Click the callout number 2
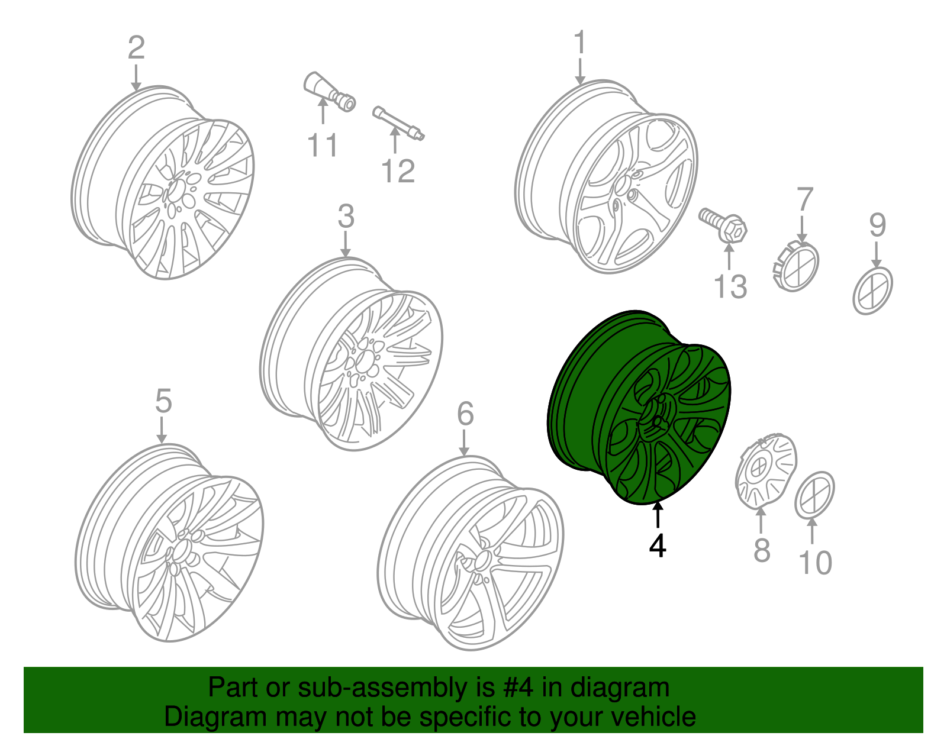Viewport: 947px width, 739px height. coord(136,48)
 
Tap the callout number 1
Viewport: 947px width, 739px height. coord(579,43)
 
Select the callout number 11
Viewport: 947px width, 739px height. coord(323,146)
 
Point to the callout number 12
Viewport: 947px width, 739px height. coord(398,172)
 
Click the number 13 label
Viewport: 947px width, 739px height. coord(730,287)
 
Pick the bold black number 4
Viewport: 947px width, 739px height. coord(658,546)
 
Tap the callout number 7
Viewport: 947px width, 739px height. coord(805,200)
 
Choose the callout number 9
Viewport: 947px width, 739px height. coord(877,225)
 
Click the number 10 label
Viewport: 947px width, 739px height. coord(816,563)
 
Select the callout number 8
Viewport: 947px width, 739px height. coord(762,550)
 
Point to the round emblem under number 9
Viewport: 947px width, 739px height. coord(873,290)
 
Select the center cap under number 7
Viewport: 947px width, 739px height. coord(796,267)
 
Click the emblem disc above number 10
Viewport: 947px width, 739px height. coord(814,495)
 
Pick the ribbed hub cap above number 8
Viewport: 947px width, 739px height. coord(766,470)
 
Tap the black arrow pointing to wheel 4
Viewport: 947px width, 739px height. coord(658,514)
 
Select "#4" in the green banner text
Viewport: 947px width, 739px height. coord(520,688)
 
